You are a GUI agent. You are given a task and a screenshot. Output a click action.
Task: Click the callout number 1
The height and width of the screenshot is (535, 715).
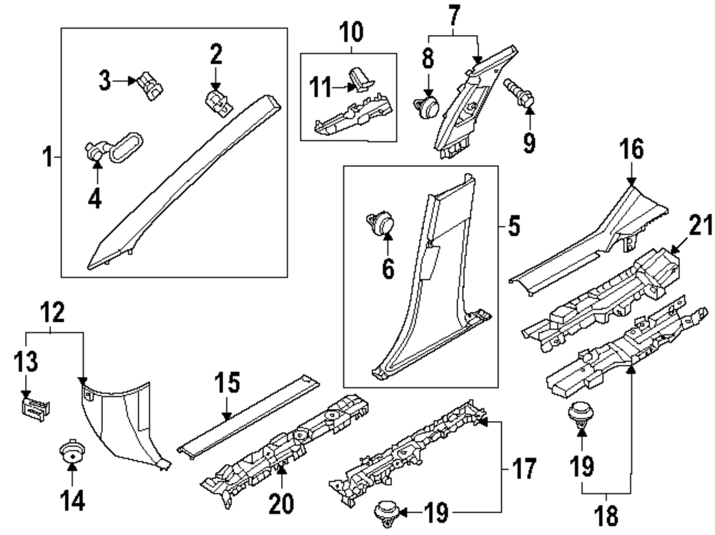point(47,156)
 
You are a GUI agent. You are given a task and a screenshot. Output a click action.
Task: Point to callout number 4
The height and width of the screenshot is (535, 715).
point(95,198)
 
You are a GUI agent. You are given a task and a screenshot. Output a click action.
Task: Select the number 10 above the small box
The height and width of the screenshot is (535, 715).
point(350,32)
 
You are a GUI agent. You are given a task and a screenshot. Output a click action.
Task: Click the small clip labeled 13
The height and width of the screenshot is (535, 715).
point(34,409)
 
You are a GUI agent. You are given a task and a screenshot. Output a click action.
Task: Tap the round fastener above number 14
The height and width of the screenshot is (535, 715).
point(71,453)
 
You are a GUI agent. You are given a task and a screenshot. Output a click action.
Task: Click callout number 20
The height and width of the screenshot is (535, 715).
point(281,505)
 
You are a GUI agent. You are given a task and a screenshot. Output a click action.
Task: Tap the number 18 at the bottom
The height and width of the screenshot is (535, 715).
point(606,516)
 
